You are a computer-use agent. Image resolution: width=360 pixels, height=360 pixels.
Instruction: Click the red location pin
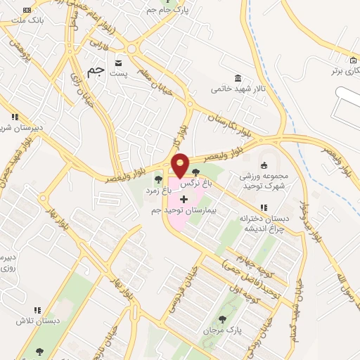tap(180, 165)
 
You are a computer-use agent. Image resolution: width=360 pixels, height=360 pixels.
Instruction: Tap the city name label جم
tap(96, 72)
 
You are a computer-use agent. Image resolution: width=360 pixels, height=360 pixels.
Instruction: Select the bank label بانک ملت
tap(27, 20)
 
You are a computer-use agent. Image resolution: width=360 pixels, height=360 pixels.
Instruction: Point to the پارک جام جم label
tap(179, 9)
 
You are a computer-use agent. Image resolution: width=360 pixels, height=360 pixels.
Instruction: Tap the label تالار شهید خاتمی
tap(238, 89)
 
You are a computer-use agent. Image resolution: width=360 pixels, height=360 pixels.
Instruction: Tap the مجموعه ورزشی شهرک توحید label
tap(264, 179)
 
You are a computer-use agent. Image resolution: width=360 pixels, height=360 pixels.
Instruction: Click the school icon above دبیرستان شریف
tap(13, 117)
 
